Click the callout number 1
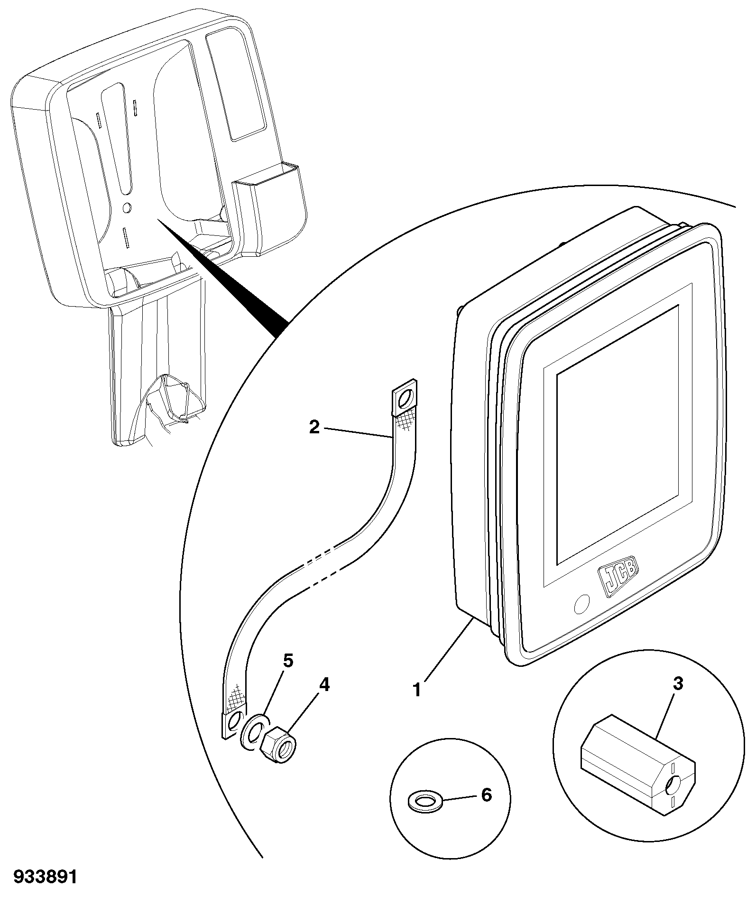click(417, 690)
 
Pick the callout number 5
click(288, 661)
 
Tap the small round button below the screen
click(581, 604)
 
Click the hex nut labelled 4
click(279, 750)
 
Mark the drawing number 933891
click(45, 877)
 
